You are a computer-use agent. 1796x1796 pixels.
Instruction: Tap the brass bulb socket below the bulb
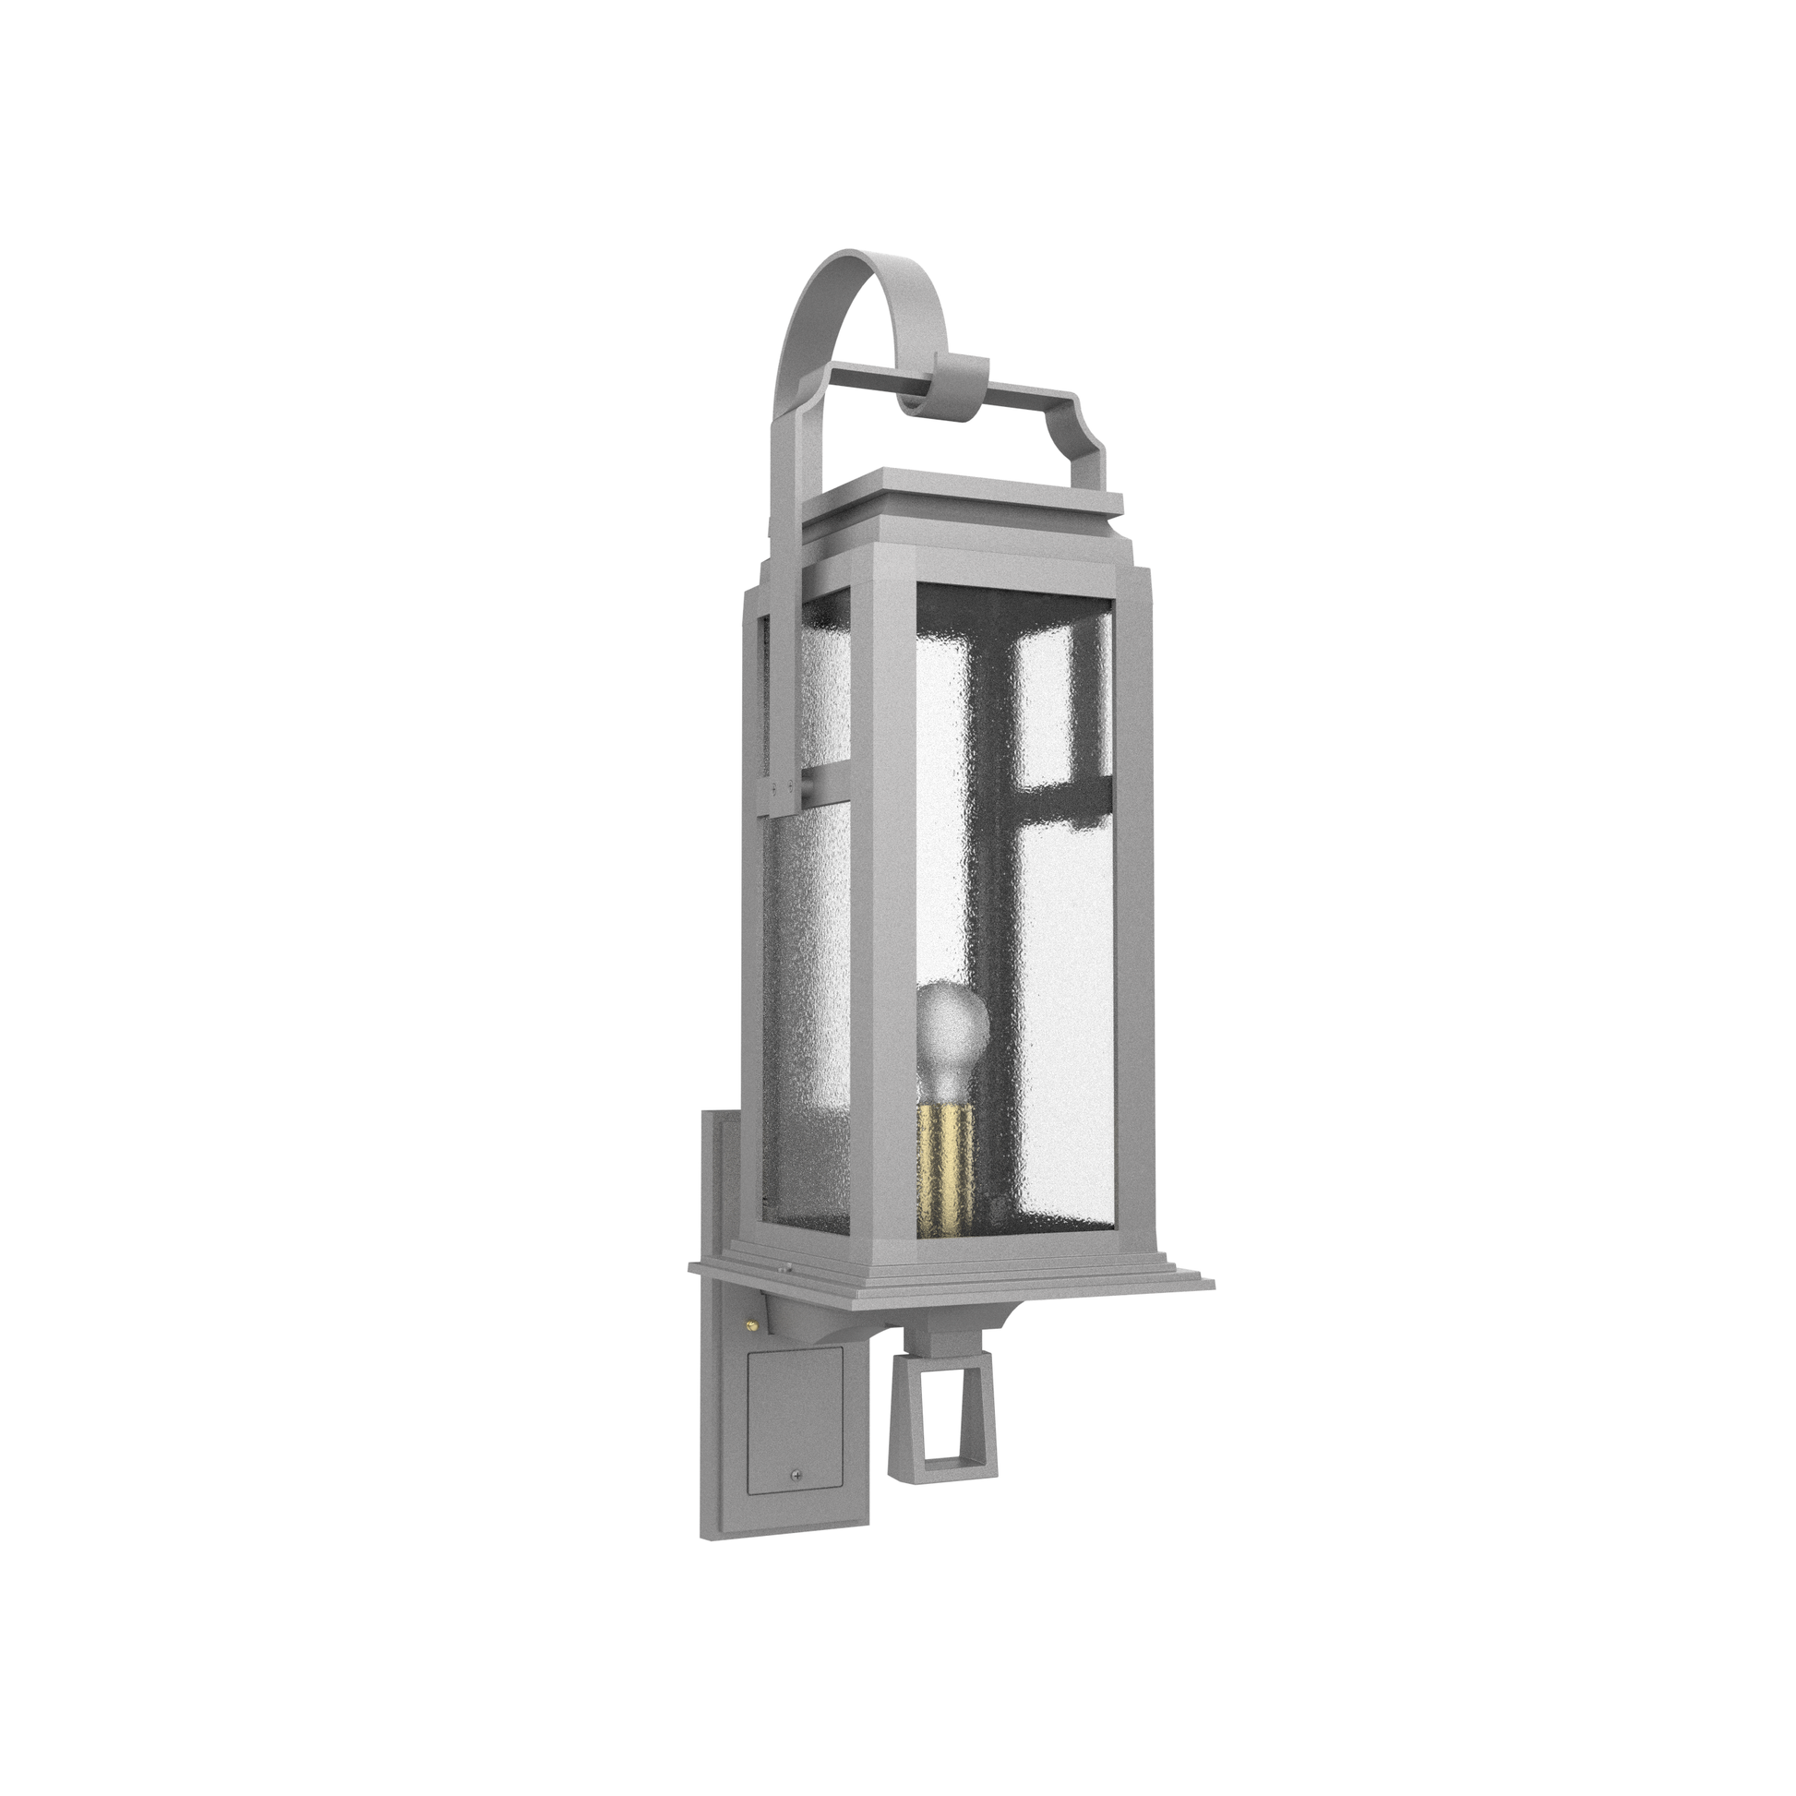click(x=945, y=1168)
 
